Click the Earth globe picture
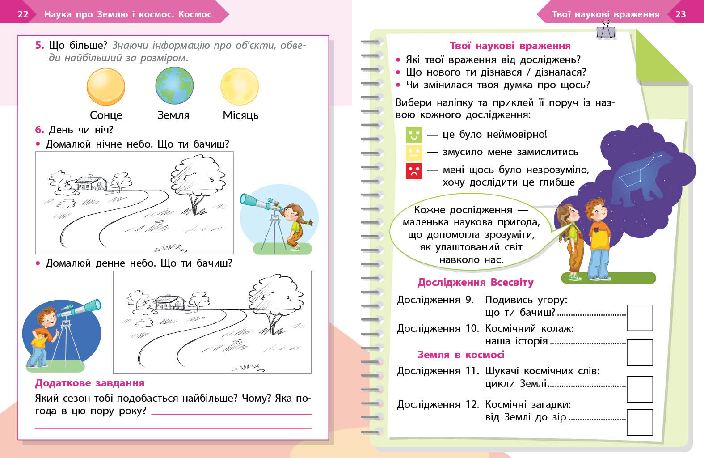[x=174, y=86]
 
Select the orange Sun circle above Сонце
[x=105, y=87]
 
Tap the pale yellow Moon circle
[x=240, y=86]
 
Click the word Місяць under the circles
[x=240, y=115]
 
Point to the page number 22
[x=23, y=14]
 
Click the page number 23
[x=680, y=14]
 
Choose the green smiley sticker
[x=414, y=135]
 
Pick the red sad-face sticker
[x=414, y=170]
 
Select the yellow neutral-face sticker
[x=414, y=153]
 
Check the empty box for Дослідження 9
[x=640, y=318]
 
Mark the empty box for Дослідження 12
[x=640, y=422]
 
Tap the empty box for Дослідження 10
[x=640, y=352]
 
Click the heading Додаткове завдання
[x=90, y=383]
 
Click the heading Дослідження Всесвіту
[x=476, y=283]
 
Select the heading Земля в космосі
[x=461, y=355]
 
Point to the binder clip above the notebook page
[x=606, y=30]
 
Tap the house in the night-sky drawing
[x=92, y=182]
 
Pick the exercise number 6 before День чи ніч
[x=39, y=130]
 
